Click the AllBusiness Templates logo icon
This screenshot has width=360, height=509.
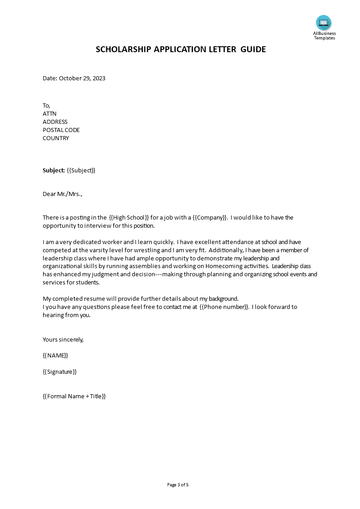tap(324, 23)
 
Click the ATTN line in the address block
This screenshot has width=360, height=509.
tap(49, 113)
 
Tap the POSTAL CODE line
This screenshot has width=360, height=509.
tap(61, 130)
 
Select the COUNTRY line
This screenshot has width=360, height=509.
tap(56, 138)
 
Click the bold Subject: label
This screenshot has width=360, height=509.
tap(54, 170)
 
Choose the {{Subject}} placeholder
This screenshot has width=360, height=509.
tap(81, 170)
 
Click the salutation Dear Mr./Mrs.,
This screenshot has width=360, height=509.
tap(63, 194)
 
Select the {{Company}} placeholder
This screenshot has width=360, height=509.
tap(210, 217)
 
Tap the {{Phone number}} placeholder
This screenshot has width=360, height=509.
tap(224, 307)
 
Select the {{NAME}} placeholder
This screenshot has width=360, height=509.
tap(55, 355)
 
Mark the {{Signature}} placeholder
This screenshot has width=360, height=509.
tap(59, 372)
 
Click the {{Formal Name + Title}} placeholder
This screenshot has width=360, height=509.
tap(74, 396)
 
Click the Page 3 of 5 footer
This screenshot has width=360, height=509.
tap(178, 485)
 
